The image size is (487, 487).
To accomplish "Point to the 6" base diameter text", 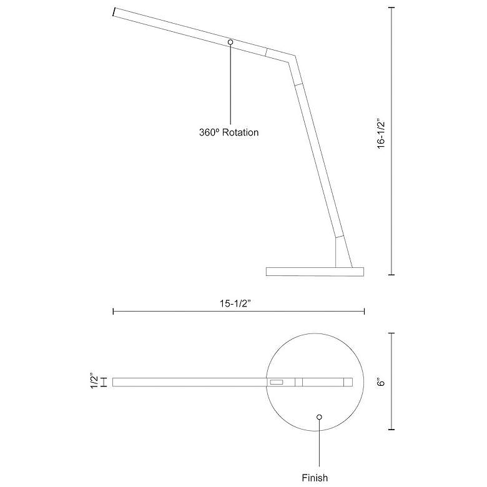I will pos(381,381).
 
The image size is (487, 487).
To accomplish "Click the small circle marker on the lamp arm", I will pos(230,42).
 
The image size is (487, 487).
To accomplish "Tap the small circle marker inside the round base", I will pos(319,417).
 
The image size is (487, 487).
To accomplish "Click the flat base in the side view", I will pos(314,271).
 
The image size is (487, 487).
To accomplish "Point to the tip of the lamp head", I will pos(115,12).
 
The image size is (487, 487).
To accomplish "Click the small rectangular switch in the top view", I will pos(276,381).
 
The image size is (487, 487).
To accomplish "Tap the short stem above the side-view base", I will pos(343,252).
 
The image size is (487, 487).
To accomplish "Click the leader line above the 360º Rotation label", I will pos(230,84).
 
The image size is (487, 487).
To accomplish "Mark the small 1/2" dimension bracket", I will pos(103,381).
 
